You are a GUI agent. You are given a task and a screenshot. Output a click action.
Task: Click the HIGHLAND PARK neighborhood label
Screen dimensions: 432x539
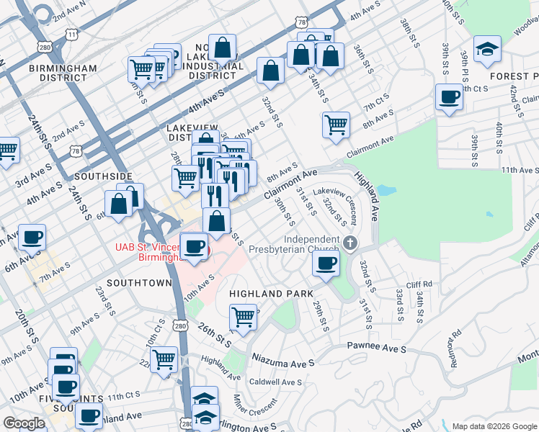[271, 294]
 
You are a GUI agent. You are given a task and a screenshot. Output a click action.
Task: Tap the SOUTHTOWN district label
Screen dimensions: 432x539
[139, 283]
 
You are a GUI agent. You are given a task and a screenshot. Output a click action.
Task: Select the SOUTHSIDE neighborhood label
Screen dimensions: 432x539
[104, 176]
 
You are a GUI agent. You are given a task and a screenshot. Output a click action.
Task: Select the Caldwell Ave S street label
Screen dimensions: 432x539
[275, 382]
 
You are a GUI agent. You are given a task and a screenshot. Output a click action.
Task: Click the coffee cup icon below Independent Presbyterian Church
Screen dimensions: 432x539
[326, 263]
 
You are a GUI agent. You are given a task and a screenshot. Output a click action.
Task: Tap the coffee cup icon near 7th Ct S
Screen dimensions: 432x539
[449, 97]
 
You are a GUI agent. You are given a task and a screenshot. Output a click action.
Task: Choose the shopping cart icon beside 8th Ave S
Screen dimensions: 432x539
[336, 124]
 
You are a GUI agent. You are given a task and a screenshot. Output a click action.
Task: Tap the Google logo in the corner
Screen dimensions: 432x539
[24, 423]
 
